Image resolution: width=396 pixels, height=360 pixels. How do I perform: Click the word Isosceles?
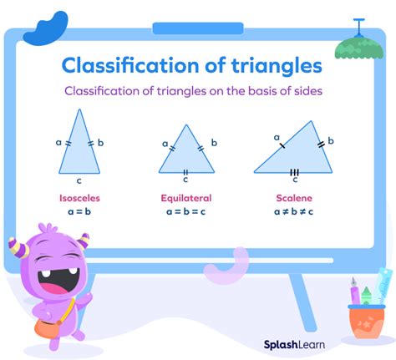[80, 199]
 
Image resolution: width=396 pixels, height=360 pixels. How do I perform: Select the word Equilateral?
[185, 199]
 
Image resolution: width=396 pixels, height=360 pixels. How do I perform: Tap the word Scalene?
[294, 199]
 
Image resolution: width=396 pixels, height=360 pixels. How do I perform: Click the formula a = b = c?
[185, 212]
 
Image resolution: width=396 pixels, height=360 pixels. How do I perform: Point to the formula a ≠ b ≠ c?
[294, 212]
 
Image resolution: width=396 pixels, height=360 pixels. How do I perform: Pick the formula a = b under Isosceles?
[80, 212]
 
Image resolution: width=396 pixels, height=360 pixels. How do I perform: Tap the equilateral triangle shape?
[185, 152]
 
